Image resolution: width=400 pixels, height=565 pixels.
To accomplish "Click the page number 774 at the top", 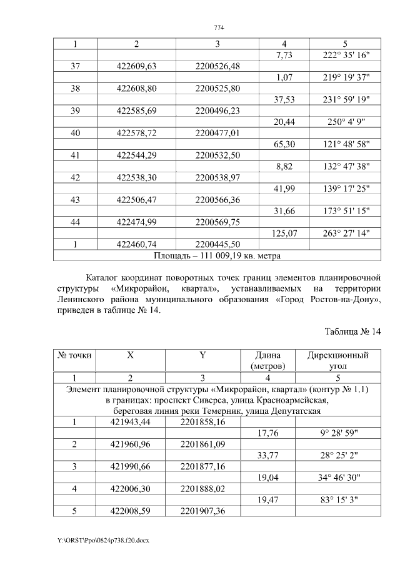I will coord(219,27).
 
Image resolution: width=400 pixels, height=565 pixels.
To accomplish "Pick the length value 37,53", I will coord(284,100).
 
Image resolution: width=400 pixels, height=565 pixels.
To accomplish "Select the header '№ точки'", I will coord(75,355).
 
